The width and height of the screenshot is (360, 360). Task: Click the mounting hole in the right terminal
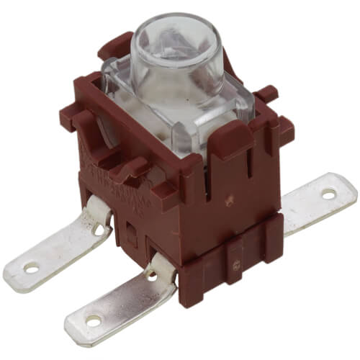pyautogui.click(x=328, y=193)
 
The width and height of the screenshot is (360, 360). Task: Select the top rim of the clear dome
pyautogui.click(x=180, y=25)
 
